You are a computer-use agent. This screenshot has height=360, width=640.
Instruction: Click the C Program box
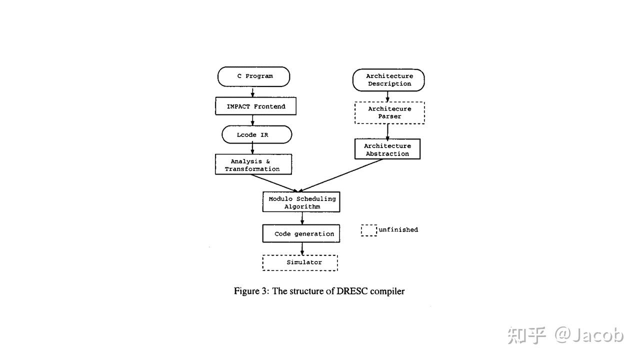253,76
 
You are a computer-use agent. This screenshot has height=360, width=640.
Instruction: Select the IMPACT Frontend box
255,106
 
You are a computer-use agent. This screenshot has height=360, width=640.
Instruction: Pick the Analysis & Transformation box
253,164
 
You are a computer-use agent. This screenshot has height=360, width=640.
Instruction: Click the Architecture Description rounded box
388,80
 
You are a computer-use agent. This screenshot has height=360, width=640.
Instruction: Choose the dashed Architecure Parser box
389,112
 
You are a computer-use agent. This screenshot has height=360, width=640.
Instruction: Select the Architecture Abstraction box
387,149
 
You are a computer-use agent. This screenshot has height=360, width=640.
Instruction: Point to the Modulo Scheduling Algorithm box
301,202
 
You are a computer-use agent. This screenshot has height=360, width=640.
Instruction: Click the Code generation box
301,233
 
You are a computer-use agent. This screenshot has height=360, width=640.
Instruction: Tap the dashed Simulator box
300,262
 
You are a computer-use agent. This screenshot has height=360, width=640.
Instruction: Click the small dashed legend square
369,230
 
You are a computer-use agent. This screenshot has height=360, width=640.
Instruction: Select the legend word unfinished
398,230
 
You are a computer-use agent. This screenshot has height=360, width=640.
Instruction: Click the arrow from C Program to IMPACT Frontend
252,92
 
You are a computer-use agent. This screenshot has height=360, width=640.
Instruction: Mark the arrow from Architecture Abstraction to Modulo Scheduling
340,175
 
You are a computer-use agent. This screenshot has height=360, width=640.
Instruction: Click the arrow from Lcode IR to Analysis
252,148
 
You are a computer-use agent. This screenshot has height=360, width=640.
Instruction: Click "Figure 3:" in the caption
251,291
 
